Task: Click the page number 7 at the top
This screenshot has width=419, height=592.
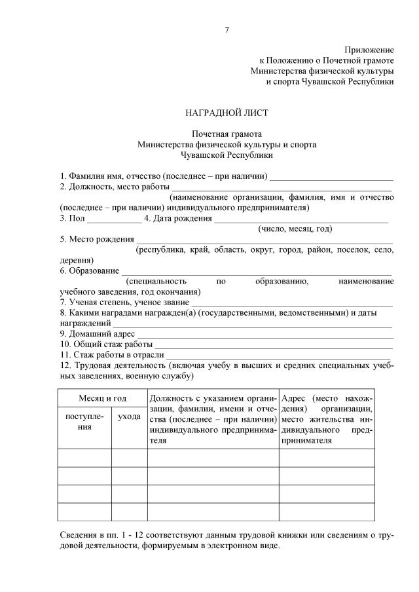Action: click(227, 30)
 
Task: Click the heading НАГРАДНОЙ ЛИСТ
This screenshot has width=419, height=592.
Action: click(227, 113)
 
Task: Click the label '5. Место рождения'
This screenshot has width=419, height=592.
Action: click(97, 239)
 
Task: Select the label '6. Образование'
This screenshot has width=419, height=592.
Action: click(90, 270)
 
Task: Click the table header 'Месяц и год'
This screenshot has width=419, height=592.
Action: click(102, 398)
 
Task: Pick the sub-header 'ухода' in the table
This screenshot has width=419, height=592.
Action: click(129, 417)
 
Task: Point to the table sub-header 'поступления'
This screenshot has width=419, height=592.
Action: click(84, 422)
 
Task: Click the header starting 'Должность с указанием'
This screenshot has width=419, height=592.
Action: click(213, 419)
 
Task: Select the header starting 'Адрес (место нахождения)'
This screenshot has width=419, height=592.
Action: click(327, 419)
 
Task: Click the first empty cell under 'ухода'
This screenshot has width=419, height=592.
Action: click(129, 458)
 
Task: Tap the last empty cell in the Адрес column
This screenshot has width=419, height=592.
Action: click(327, 511)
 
